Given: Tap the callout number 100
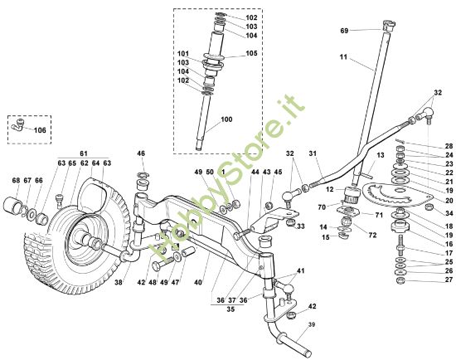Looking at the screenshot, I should (x=228, y=120).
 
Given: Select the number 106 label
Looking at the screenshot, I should (x=40, y=129).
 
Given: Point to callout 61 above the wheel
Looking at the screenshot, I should (x=83, y=154).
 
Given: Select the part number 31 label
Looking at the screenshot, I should (x=313, y=153).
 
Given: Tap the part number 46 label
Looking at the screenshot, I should (x=141, y=153).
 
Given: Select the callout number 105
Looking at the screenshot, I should (x=252, y=53).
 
